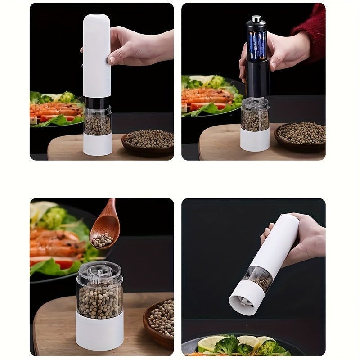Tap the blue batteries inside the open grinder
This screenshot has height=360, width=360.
coord(257,45)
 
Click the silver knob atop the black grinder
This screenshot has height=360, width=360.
coord(256,19)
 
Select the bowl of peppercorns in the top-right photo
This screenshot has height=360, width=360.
coord(301,135)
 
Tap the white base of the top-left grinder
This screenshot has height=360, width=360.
coord(97,144)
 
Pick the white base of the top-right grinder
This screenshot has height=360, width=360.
coord(255,140)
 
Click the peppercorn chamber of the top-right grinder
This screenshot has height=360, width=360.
coord(255,118)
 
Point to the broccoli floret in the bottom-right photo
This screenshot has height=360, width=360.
coord(227,346)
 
